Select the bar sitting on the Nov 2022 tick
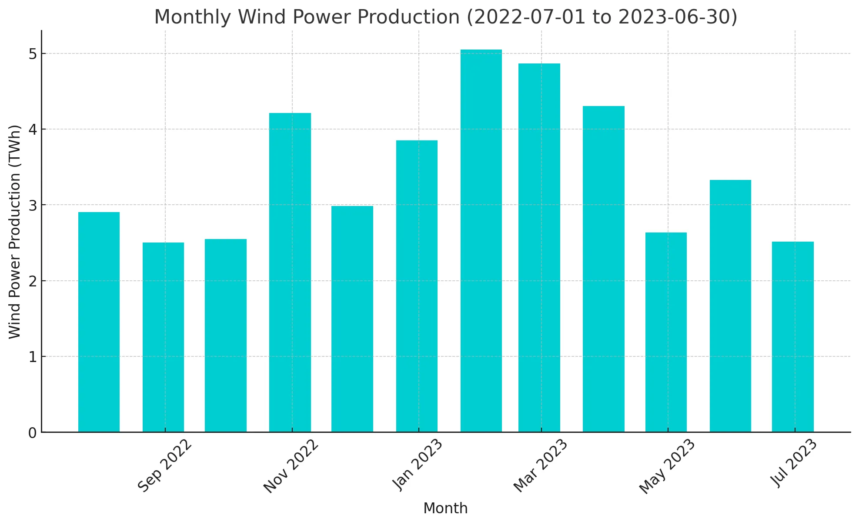coord(290,272)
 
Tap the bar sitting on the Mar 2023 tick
coord(539,248)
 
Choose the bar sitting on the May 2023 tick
coord(666,332)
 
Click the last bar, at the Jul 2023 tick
coord(792,337)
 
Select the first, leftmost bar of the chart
coord(99,322)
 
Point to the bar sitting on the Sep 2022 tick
coord(163,337)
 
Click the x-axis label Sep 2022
coord(165,465)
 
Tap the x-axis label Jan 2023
coord(418,465)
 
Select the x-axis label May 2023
coord(667,466)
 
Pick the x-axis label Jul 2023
coord(794,463)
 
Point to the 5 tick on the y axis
coord(33,54)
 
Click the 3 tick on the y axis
coord(33,205)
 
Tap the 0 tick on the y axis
coord(33,433)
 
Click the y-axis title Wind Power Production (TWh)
coord(15,232)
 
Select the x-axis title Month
coord(445,508)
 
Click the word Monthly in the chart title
coord(193,17)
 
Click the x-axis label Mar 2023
coord(541,465)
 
